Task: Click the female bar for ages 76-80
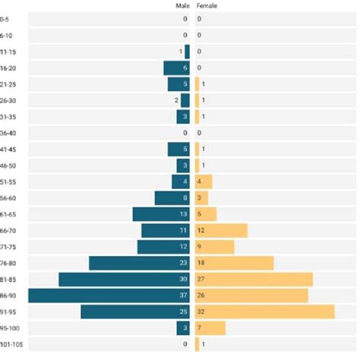[x=234, y=263]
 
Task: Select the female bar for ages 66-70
[x=221, y=230]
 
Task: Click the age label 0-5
[x=6, y=19]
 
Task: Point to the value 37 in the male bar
[x=182, y=295]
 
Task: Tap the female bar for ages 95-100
[x=210, y=328]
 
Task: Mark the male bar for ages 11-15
[x=187, y=52]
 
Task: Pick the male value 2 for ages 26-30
[x=176, y=100]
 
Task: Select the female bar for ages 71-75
[x=215, y=247]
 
